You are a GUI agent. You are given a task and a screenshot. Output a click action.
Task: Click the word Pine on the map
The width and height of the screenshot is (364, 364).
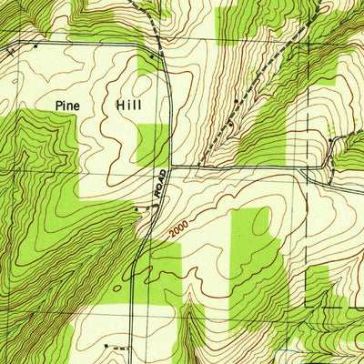(x=68, y=106)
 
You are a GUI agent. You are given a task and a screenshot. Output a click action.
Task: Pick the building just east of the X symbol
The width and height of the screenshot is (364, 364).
(x=35, y=44)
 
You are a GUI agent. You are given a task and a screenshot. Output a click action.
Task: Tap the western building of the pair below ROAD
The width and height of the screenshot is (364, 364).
(x=136, y=208)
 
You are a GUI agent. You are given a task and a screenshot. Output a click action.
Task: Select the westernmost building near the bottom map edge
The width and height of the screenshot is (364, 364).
(x=107, y=347)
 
